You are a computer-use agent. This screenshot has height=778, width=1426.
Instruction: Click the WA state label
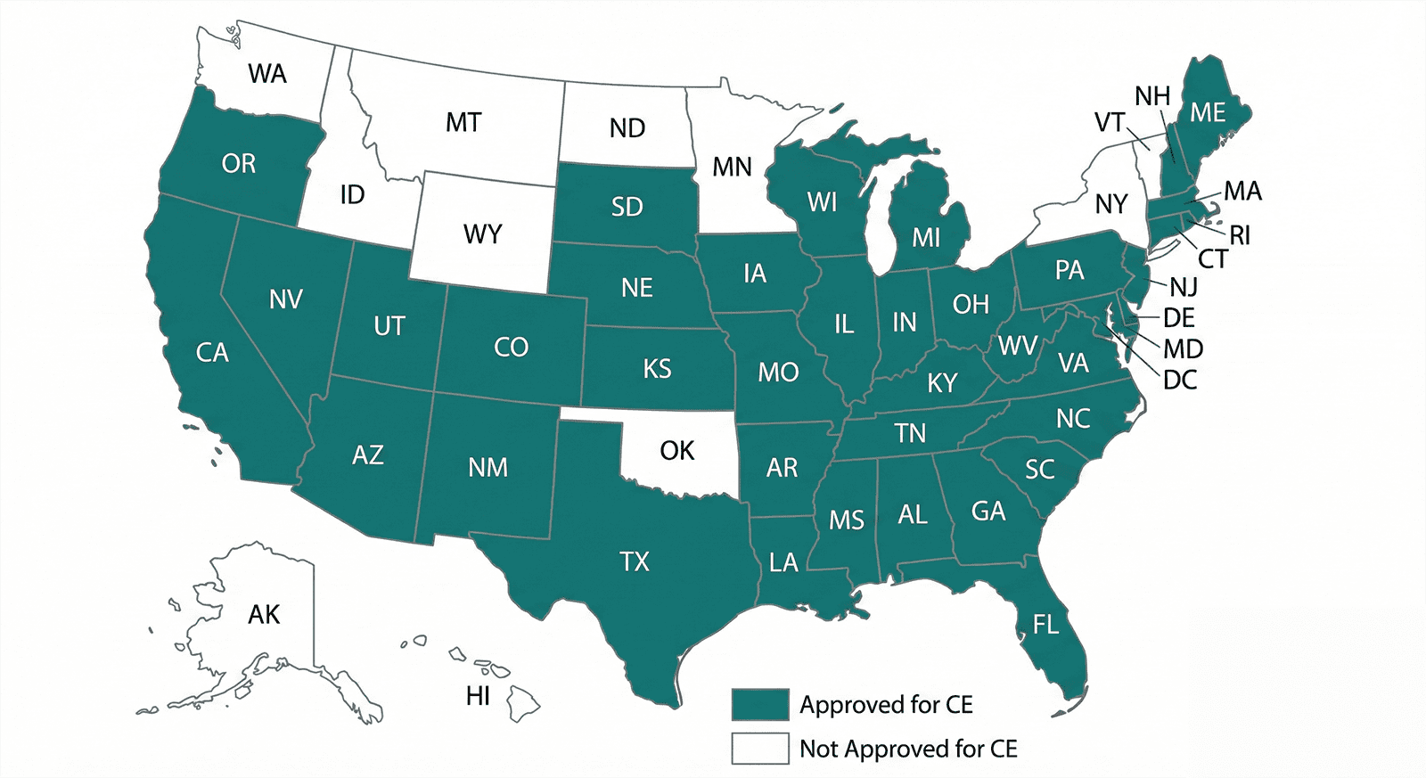coord(267,74)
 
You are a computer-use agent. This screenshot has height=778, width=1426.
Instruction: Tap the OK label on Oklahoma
coord(676,451)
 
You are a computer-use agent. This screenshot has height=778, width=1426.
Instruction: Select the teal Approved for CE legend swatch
coord(760,704)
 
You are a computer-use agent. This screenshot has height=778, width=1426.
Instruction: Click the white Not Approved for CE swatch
coord(760,749)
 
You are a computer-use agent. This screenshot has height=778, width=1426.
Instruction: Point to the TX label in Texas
coord(635,562)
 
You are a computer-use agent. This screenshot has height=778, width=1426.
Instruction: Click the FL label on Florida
coord(1045,625)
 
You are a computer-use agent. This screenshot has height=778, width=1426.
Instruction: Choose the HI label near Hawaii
coord(479,696)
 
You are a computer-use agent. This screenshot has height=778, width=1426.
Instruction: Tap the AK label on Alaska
coord(264,615)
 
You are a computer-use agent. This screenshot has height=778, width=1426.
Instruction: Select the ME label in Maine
coord(1208,113)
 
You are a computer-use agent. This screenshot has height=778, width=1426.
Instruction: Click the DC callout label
coord(1180,381)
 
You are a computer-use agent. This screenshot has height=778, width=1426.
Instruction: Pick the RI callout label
coord(1240,236)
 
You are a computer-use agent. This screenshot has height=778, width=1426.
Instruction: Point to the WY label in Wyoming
coord(482,234)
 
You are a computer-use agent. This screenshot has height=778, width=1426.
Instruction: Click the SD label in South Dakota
coord(627,208)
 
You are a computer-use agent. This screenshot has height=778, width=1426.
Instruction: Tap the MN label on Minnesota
coord(732,168)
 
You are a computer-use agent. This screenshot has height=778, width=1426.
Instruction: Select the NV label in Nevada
coord(286,299)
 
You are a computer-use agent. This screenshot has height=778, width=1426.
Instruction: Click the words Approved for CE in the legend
coord(886,705)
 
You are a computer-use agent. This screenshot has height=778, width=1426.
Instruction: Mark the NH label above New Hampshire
coord(1152,96)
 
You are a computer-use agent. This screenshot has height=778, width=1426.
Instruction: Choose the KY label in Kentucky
coord(942,383)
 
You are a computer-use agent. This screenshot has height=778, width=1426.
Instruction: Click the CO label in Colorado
coord(511,348)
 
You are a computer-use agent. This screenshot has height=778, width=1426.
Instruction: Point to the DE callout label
coord(1179,318)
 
